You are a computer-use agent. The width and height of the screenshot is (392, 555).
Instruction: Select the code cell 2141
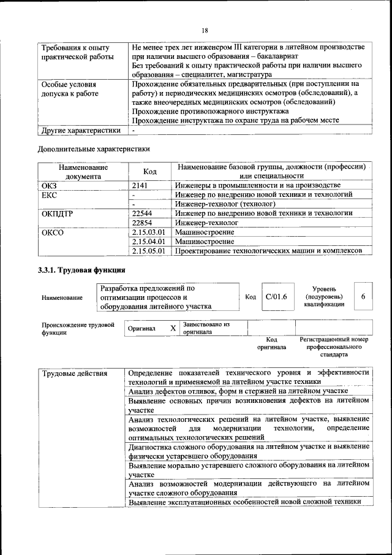[x=141, y=185]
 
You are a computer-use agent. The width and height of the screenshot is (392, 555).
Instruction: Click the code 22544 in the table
[x=142, y=213]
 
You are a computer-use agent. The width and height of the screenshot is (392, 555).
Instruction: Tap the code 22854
[x=142, y=223]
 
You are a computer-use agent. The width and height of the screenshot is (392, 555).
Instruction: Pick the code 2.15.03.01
[x=148, y=232]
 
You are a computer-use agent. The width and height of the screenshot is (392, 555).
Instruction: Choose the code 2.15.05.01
[x=148, y=251]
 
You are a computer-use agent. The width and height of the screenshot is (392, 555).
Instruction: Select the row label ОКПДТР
[x=56, y=213]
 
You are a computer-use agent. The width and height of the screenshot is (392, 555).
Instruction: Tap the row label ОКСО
[x=52, y=232]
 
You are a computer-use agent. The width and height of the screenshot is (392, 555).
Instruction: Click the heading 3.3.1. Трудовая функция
[x=82, y=270]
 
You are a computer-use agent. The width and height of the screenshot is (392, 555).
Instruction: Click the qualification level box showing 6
[x=363, y=297]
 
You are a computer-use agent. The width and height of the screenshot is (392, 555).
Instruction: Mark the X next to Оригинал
[x=173, y=328]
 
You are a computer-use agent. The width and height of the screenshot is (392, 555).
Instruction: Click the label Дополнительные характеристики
[x=94, y=148]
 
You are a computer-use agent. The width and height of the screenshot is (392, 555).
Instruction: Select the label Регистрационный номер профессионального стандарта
[x=333, y=346]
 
